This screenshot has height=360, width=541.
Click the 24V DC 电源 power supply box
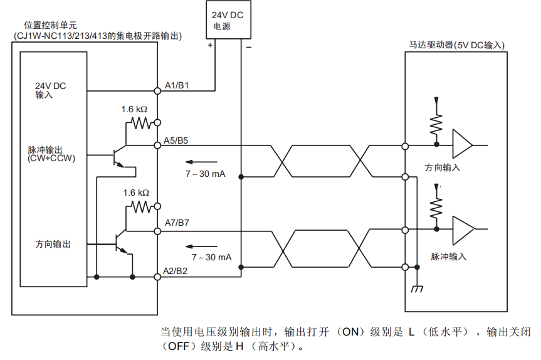[x=228, y=21]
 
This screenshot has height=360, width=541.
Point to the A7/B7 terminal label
[x=176, y=222]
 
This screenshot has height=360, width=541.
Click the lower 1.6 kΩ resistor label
[x=135, y=193]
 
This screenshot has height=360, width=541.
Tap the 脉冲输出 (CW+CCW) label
[x=51, y=154]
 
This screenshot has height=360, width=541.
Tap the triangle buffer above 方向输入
[x=463, y=145]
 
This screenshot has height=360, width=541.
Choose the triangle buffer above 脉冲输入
[x=463, y=230]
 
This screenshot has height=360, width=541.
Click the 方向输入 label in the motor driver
[x=443, y=167]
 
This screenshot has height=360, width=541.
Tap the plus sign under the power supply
[x=210, y=46]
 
